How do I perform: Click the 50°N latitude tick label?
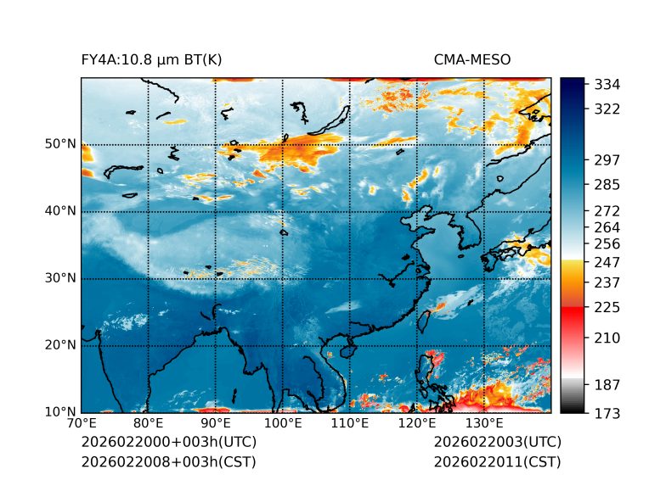click(60, 144)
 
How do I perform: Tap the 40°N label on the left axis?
click(60, 211)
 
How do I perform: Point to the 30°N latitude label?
click(60, 278)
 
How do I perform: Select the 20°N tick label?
click(60, 345)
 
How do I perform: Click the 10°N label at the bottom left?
click(60, 412)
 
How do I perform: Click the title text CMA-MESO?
click(472, 59)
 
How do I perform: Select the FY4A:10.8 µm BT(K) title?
click(152, 59)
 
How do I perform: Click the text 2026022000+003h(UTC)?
click(169, 443)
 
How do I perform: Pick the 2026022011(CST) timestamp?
click(497, 462)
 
